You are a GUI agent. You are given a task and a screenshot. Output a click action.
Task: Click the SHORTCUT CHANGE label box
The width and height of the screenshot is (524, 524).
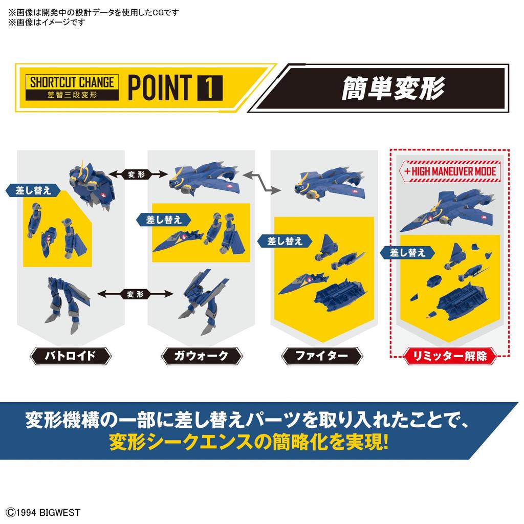coord(72,88)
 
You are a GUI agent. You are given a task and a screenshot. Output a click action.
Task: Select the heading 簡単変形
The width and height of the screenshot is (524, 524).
coord(393,88)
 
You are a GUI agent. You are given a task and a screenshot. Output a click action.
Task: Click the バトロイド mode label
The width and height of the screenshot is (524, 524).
coord(70,355)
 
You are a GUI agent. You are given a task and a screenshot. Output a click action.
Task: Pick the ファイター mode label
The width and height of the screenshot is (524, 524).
coord(321,355)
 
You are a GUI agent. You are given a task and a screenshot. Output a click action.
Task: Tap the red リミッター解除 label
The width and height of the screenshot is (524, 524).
coord(450,355)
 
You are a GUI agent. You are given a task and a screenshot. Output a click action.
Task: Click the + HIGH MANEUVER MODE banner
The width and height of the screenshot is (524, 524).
coord(450,171)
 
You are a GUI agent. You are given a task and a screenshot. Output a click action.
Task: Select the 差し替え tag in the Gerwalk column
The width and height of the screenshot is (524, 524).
coord(164,219)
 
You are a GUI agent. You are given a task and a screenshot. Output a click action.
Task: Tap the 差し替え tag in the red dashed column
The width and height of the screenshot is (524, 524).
coord(407,252)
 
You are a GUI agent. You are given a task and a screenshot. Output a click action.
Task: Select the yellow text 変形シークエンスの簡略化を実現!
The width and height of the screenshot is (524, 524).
coord(248,442)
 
